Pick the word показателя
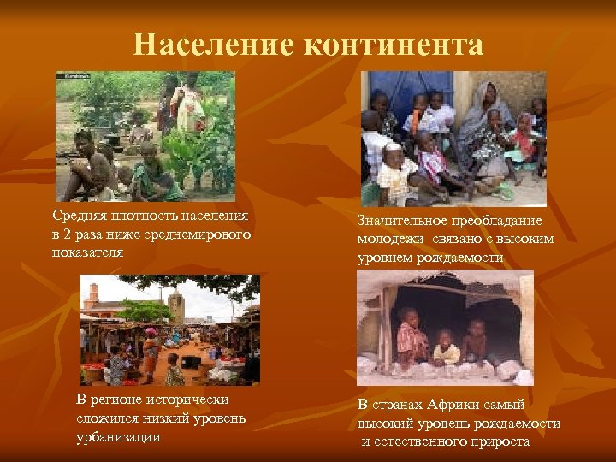pos(88,252)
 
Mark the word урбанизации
pos(117,437)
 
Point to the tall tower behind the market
pos(176,302)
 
